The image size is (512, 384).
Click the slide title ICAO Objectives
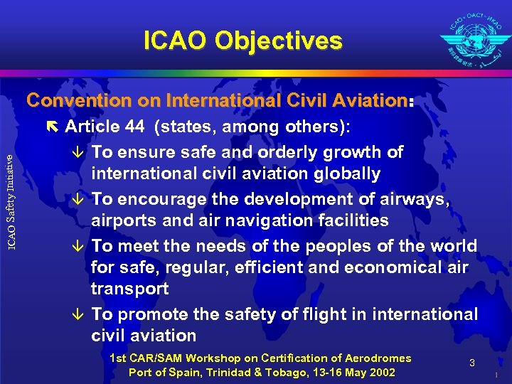click(x=242, y=41)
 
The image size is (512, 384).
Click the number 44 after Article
click(x=133, y=127)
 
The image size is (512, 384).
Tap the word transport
click(x=129, y=289)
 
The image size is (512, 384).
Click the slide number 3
click(x=471, y=363)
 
